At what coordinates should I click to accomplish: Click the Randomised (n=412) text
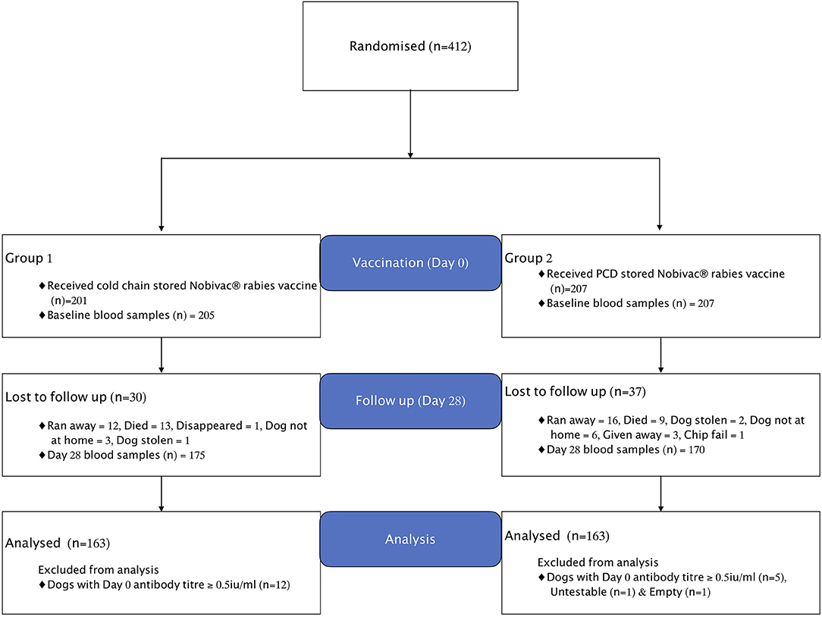pyautogui.click(x=410, y=45)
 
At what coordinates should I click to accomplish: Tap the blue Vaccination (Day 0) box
pyautogui.click(x=410, y=263)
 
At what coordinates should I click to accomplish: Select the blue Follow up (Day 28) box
pyautogui.click(x=410, y=400)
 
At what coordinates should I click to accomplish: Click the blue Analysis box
pyautogui.click(x=410, y=539)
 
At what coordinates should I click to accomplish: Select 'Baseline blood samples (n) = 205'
pyautogui.click(x=131, y=315)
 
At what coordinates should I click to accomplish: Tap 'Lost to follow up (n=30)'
pyautogui.click(x=67, y=396)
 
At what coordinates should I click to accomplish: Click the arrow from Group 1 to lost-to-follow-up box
pyautogui.click(x=162, y=355)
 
